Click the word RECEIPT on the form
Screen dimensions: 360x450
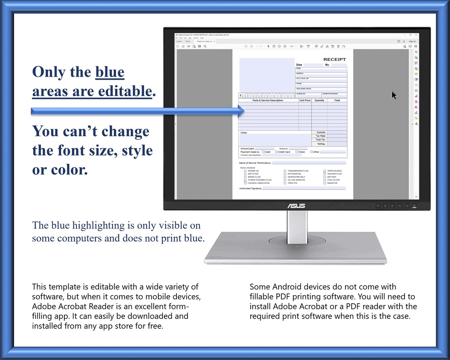click(x=334, y=60)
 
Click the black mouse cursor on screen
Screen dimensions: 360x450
click(x=394, y=95)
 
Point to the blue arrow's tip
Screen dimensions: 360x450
click(x=244, y=111)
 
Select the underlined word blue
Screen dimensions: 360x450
click(x=110, y=72)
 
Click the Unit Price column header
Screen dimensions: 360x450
click(x=305, y=101)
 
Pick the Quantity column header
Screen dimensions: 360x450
click(x=319, y=101)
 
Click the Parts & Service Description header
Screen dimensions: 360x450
click(x=268, y=101)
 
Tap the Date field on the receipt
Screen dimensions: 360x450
click(x=313, y=65)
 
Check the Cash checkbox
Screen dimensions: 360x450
click(x=263, y=152)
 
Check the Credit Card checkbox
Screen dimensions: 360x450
click(x=276, y=152)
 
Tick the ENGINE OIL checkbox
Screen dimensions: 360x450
click(x=245, y=171)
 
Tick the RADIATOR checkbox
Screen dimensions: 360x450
click(x=324, y=183)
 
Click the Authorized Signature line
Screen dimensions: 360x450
click(x=304, y=189)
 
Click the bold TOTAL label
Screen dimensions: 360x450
click(x=321, y=144)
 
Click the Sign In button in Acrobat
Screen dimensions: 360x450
click(x=412, y=41)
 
